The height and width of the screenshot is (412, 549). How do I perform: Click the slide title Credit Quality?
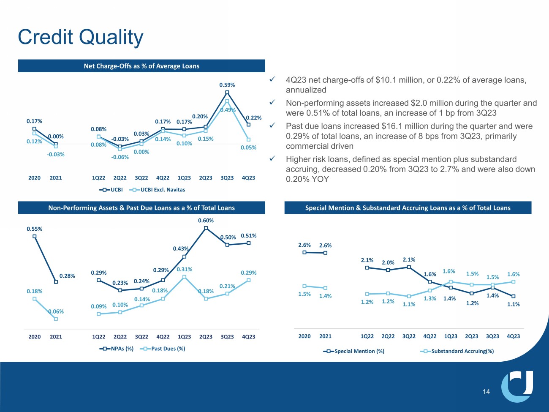(x=81, y=37)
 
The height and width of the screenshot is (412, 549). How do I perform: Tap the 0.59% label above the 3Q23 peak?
(x=227, y=85)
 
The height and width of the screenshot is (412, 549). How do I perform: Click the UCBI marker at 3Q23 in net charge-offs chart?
(x=227, y=92)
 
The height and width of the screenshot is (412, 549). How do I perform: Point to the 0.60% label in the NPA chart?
(x=206, y=221)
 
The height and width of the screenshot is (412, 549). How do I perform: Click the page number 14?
(x=486, y=392)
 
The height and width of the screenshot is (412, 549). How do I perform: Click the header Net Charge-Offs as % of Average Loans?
(x=141, y=66)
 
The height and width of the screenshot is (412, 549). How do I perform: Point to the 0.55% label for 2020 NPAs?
(x=34, y=229)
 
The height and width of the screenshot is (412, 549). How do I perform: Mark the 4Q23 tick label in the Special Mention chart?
(x=513, y=336)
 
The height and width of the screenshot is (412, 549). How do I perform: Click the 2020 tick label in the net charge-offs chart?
(x=34, y=178)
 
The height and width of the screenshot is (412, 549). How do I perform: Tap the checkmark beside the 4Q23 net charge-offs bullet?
(x=273, y=80)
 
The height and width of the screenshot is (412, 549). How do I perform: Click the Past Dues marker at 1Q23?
(x=184, y=277)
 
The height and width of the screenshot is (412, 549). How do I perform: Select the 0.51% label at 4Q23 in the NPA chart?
(x=249, y=236)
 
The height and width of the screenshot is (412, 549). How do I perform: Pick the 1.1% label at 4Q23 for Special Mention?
(x=513, y=304)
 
